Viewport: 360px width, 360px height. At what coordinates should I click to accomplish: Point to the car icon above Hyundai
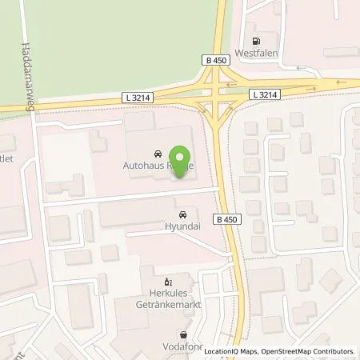[x=183, y=214]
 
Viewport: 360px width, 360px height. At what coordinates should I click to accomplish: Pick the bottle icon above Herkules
[x=167, y=282]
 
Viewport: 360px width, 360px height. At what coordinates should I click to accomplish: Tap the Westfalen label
[x=256, y=54]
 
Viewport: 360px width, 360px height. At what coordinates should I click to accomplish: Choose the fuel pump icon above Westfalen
[x=256, y=42]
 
